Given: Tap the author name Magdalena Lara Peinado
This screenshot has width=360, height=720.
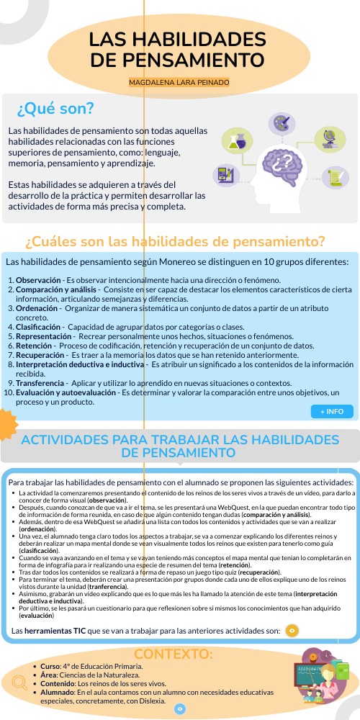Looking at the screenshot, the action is click(179, 83).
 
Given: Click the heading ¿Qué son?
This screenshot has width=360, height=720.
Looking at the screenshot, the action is click(55, 109).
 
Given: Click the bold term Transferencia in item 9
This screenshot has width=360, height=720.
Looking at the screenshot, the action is click(42, 383).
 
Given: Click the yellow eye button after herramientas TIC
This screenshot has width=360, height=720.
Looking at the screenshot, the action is click(292, 631).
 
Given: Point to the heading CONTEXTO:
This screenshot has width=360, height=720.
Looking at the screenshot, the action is click(174, 654).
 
